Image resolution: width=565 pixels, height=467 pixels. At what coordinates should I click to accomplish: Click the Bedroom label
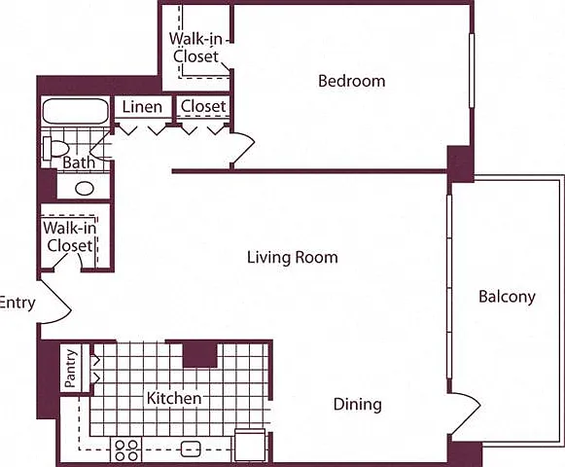[x=352, y=81]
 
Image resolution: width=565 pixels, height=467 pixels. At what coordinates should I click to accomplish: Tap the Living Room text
[x=293, y=258]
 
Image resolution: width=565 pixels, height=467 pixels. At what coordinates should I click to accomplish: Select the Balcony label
[x=507, y=297]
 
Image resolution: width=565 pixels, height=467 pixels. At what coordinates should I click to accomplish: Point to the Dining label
[x=358, y=405]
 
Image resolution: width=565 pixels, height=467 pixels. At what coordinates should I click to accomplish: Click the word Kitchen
[x=174, y=398]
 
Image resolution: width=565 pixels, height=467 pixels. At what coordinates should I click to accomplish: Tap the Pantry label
[x=71, y=368]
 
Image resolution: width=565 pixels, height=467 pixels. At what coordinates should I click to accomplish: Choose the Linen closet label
[x=142, y=107]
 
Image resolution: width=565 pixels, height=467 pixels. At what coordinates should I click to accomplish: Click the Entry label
[x=18, y=303]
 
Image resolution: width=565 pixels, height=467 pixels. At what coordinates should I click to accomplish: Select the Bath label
[x=79, y=162]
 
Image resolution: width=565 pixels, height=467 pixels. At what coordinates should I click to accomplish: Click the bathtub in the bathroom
[x=76, y=112]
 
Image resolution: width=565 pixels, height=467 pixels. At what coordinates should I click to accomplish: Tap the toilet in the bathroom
[x=55, y=148]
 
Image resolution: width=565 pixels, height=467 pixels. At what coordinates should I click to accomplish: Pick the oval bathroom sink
[x=85, y=188]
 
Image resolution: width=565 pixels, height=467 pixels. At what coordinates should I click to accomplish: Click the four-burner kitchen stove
[x=126, y=449]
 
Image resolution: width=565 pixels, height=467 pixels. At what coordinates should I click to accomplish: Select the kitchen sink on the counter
[x=191, y=449]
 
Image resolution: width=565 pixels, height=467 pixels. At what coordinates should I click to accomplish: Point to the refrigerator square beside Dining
[x=250, y=446]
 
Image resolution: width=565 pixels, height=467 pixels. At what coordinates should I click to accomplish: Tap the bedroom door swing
[x=243, y=149]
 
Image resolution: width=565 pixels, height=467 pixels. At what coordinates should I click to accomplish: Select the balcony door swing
[x=466, y=413]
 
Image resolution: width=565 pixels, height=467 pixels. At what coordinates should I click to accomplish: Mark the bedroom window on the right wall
[x=472, y=71]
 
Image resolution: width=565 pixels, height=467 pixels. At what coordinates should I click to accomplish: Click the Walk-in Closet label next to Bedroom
[x=195, y=48]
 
